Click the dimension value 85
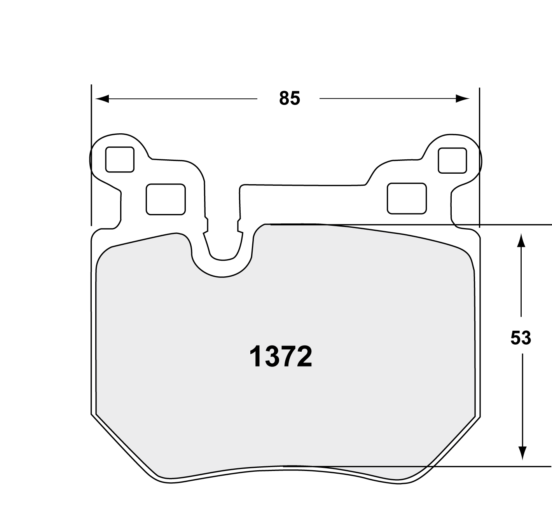tap(290, 99)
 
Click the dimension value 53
tap(521, 338)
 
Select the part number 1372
tap(280, 357)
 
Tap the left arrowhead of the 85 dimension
tap(102, 99)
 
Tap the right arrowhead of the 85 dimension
tap(463, 99)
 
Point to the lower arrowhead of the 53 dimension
tap(522, 453)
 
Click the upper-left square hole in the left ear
tap(120, 159)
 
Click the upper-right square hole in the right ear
tap(452, 160)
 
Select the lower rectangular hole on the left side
tap(166, 199)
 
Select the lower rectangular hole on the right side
tap(407, 198)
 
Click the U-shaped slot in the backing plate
tap(223, 241)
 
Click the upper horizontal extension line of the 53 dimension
tap(505, 225)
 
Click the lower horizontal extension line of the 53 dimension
tap(505, 466)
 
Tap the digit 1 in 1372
tap(255, 357)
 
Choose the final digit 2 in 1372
tap(304, 357)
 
